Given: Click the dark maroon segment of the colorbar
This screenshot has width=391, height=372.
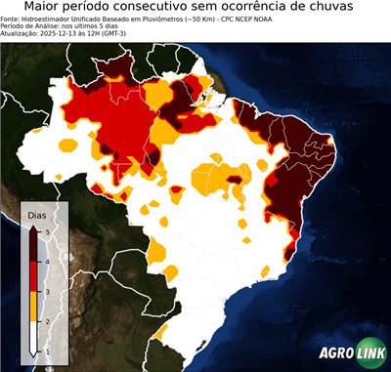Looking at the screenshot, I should [33, 244].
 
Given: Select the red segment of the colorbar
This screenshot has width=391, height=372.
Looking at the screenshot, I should [33, 274].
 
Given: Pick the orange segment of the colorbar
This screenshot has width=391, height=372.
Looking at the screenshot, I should [33, 305].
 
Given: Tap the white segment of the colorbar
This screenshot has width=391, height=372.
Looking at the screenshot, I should [33, 335].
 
